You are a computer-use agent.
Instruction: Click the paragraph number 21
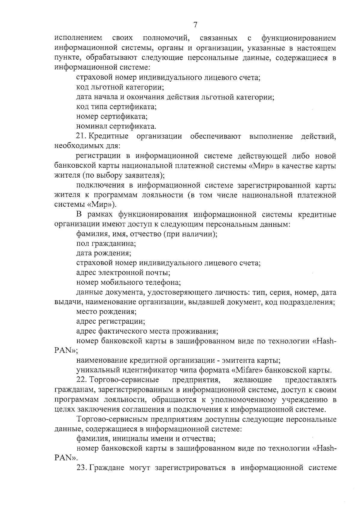81,136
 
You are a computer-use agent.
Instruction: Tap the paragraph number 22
81,380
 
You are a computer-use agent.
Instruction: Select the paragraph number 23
81,468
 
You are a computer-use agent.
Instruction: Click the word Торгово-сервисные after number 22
124,380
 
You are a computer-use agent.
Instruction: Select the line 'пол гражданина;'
106,243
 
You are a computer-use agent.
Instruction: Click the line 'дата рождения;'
103,253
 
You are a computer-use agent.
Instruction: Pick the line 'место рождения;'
106,312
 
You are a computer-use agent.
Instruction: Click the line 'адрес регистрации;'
111,322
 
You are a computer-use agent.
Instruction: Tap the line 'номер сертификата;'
112,117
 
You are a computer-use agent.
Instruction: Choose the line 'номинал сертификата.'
116,126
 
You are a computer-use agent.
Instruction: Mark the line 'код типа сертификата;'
116,107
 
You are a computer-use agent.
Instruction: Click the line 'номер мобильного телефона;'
128,282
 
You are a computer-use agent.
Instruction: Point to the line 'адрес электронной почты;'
123,273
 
